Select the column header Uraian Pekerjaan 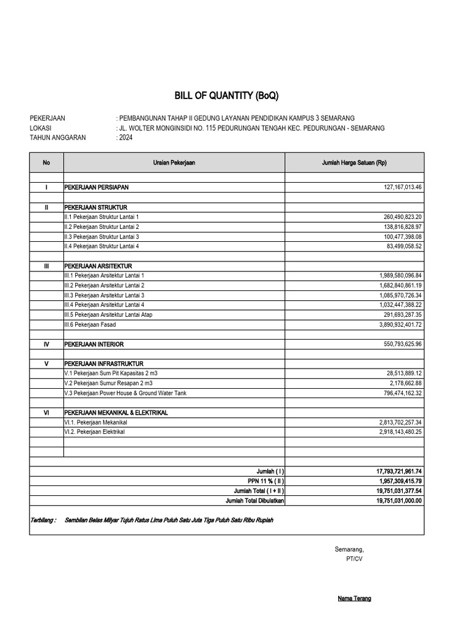point(174,162)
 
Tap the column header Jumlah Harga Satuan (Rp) point(354,162)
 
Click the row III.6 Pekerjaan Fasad point(90,324)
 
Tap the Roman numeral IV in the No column point(46,345)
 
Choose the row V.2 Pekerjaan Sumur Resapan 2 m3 point(102,383)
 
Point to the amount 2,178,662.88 point(403,383)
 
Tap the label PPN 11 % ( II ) point(265,481)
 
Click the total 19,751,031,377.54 point(398,491)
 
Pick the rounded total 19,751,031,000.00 point(398,501)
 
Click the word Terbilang point(42,520)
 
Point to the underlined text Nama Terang point(354,599)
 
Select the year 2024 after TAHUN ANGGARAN point(125,138)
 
